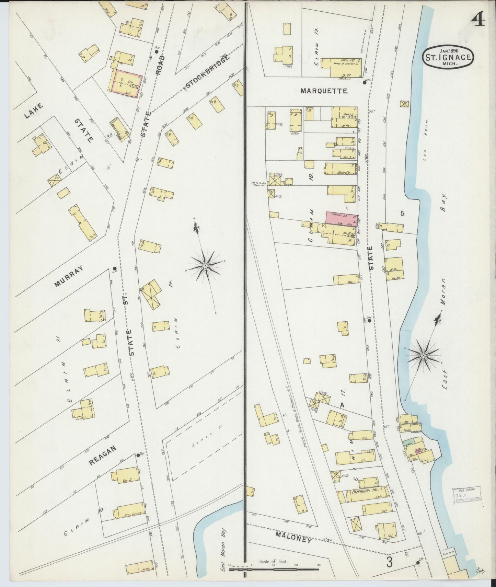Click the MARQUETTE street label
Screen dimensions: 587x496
pyautogui.click(x=324, y=91)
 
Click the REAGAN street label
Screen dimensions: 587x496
pyautogui.click(x=103, y=455)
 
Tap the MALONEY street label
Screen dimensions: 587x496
pyautogui.click(x=293, y=538)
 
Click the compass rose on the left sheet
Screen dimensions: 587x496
pyautogui.click(x=205, y=265)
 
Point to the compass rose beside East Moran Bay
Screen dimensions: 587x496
pyautogui.click(x=424, y=354)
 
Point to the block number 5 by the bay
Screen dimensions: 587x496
pyautogui.click(x=402, y=213)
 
